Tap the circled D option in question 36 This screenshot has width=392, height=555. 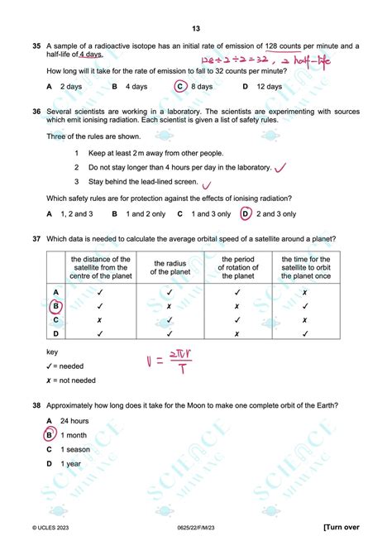coord(245,213)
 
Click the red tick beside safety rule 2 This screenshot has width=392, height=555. coord(280,168)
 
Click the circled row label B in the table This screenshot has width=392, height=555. coord(56,305)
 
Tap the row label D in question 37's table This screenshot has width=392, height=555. coord(55,333)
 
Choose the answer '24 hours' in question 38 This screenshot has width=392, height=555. coord(74,420)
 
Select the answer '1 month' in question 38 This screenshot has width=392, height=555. coord(74,434)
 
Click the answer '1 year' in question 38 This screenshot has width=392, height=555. coord(71,464)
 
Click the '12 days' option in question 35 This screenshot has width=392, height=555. coord(270,86)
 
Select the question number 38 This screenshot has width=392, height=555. coord(36,405)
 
